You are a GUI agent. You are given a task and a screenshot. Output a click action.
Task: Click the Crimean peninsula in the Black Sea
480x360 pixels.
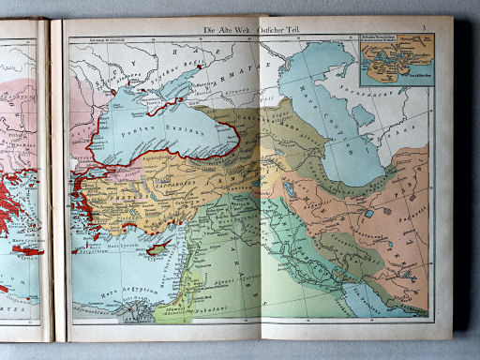[x=170, y=95]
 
